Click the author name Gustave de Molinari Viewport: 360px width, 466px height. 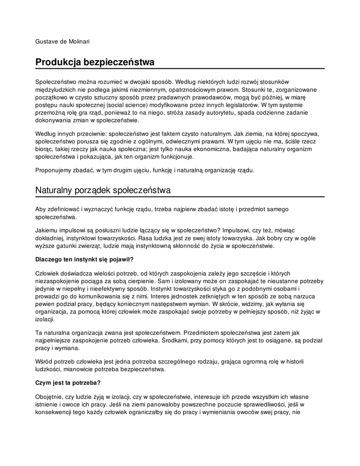(62, 42)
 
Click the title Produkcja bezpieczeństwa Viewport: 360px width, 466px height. (95, 61)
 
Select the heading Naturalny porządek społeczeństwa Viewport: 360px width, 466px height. (103, 190)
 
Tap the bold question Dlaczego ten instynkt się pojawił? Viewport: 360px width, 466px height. (84, 259)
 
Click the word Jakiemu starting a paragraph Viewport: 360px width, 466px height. (47, 231)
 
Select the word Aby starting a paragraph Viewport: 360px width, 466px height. (41, 209)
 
